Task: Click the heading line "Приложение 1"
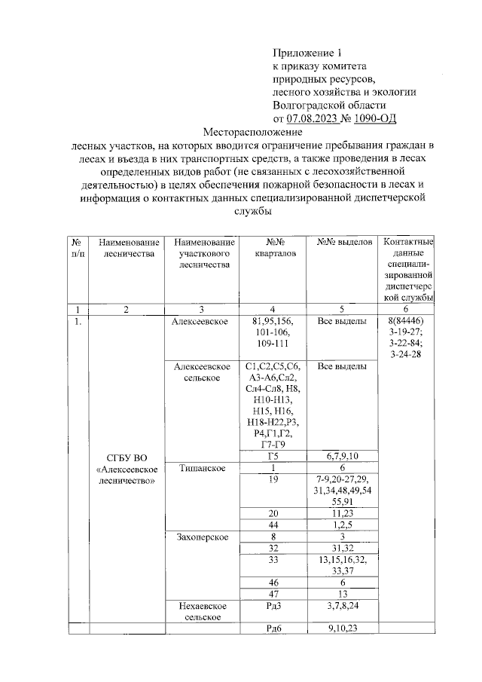[x=307, y=53]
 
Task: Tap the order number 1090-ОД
[x=370, y=118]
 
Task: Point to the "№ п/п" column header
[x=77, y=248]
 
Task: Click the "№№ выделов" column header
[x=343, y=242]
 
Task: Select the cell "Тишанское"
[x=200, y=468]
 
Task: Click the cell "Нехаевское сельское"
[x=200, y=611]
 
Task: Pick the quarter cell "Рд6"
[x=274, y=629]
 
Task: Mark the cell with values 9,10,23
[x=343, y=629]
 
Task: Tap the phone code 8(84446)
[x=405, y=322]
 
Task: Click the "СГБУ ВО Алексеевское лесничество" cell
[x=126, y=468]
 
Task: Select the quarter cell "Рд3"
[x=274, y=605]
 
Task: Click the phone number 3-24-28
[x=405, y=354]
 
